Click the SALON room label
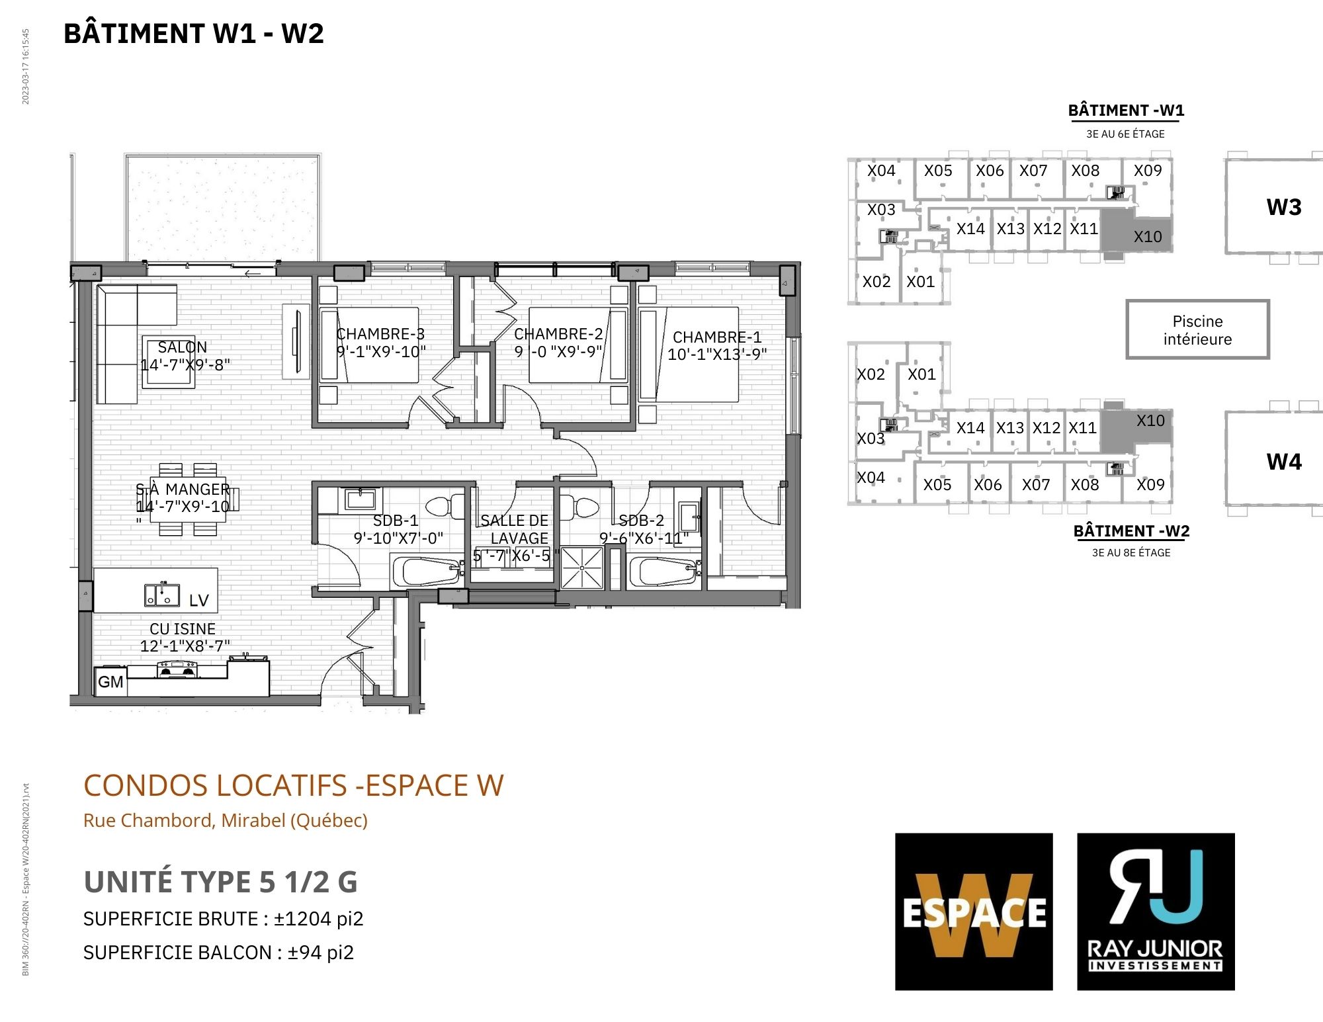(x=182, y=347)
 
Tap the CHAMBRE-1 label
(x=717, y=337)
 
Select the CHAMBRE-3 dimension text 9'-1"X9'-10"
(x=382, y=352)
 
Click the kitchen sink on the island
(x=162, y=594)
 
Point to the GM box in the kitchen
(x=110, y=681)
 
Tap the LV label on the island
(x=199, y=601)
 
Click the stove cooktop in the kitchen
(x=177, y=670)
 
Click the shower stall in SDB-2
(x=582, y=567)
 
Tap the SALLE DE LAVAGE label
(x=515, y=529)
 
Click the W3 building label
(x=1284, y=207)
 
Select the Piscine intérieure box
(x=1197, y=329)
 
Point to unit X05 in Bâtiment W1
(x=938, y=171)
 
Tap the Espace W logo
(x=974, y=912)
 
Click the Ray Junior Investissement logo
(x=1156, y=912)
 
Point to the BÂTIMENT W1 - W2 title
(x=194, y=34)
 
